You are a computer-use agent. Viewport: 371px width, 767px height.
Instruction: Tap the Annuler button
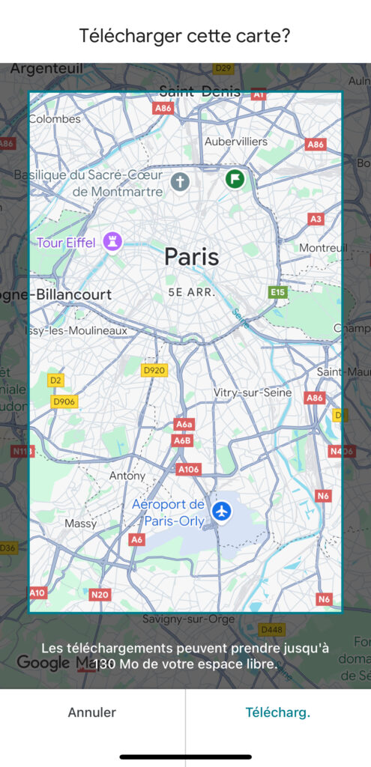[x=92, y=712]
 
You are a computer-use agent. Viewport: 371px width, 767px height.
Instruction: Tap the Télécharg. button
[x=278, y=712]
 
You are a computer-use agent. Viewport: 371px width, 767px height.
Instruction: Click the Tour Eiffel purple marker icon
[x=114, y=241]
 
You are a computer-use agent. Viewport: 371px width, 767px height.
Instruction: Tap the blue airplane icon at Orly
[x=222, y=511]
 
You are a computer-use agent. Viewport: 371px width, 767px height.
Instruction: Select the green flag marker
[x=235, y=179]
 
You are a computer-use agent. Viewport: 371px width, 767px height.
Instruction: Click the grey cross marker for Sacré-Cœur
[x=179, y=181]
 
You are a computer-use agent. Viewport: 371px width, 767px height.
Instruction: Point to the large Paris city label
[x=192, y=257]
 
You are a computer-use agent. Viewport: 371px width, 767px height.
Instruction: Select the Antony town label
[x=127, y=476]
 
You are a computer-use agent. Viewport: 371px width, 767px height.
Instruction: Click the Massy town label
[x=81, y=523]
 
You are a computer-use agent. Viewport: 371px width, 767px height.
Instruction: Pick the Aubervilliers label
[x=235, y=141]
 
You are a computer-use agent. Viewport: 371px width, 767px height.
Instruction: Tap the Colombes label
[x=55, y=119]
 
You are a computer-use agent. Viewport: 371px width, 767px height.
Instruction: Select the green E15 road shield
[x=278, y=292]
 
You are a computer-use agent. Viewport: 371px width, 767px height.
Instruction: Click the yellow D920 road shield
[x=155, y=370]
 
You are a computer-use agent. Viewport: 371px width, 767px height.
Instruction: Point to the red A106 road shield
[x=189, y=469]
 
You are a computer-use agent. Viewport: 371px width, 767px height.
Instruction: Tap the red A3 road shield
[x=316, y=219]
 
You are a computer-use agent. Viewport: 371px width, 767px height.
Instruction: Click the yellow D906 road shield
[x=64, y=401]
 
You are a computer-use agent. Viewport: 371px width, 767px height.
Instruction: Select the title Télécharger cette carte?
[x=185, y=36]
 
